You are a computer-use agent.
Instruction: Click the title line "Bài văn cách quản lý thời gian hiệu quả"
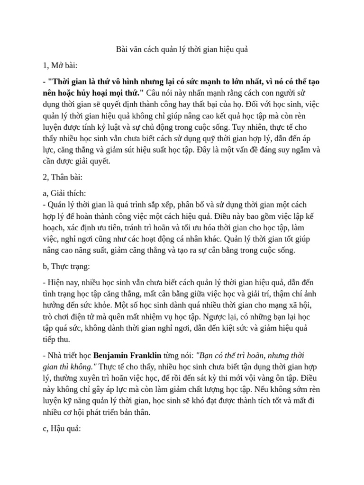[x=182, y=49]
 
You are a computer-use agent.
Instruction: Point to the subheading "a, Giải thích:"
[x=64, y=194]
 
